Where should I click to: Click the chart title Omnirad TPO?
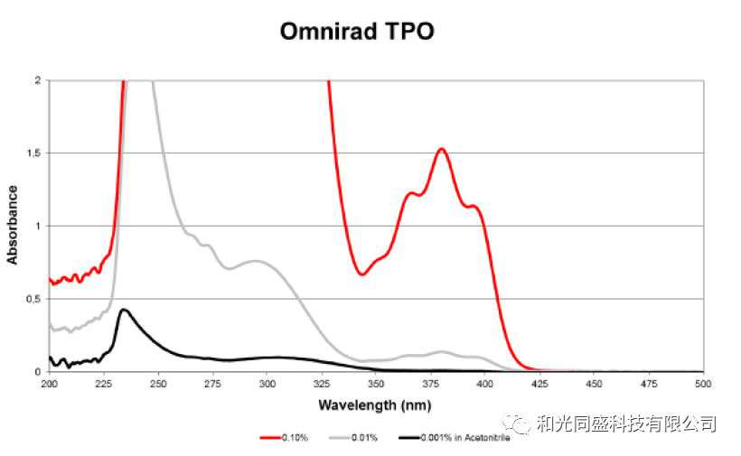[x=357, y=31]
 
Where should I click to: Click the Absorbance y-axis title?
[x=13, y=225]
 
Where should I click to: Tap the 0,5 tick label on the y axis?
[x=34, y=299]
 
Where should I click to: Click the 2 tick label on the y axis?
[x=38, y=80]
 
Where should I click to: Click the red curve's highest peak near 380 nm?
[x=441, y=149]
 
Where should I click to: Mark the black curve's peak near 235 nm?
[x=124, y=310]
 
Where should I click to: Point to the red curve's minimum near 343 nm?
[x=361, y=274]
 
